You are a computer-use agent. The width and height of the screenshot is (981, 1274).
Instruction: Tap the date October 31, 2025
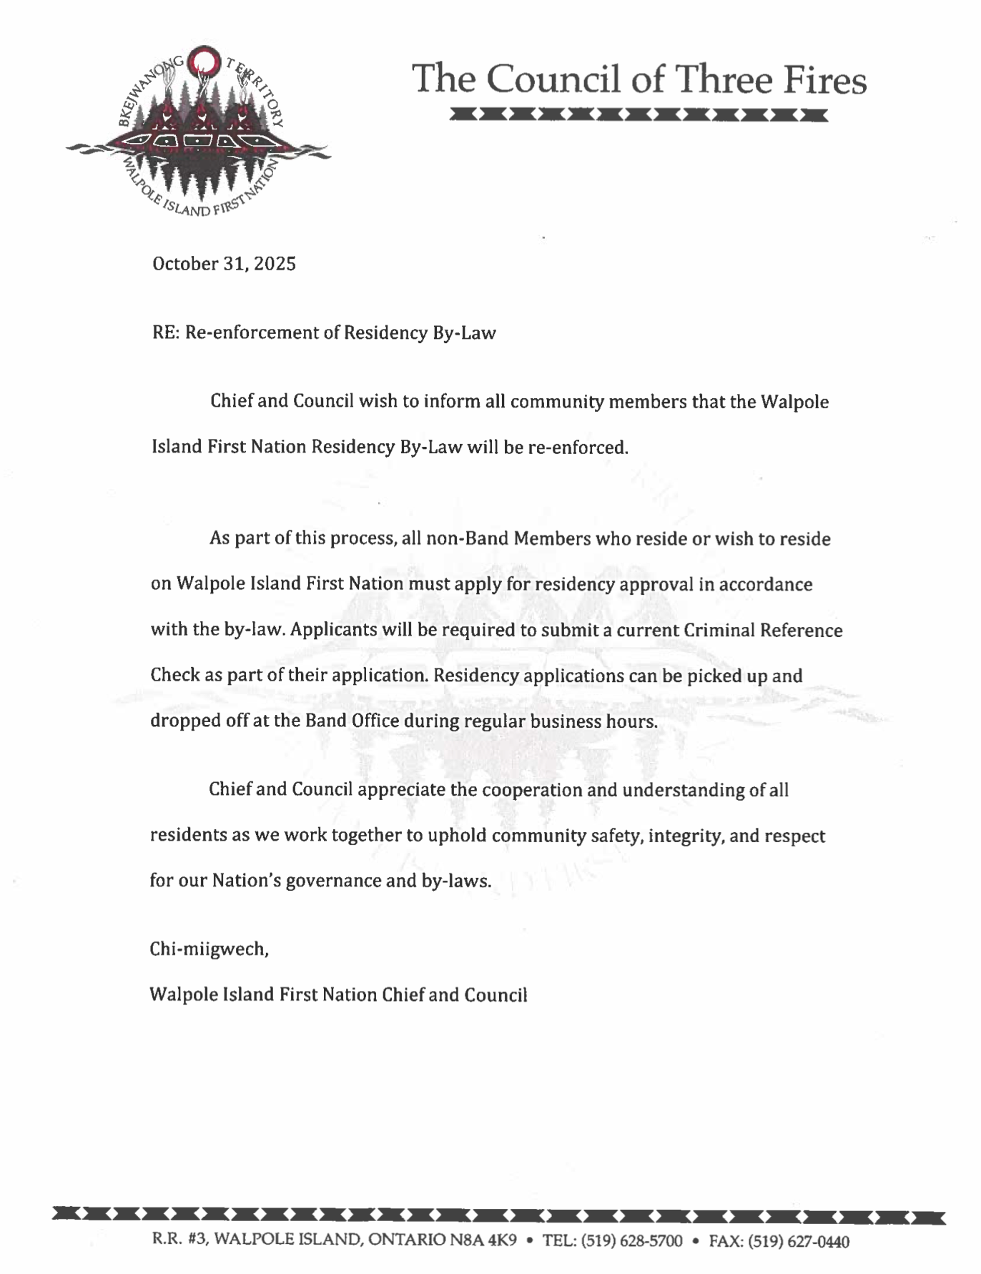point(224,264)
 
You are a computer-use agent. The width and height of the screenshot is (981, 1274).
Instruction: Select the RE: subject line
point(323,332)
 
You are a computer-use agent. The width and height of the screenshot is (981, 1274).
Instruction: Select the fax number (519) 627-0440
point(798,1240)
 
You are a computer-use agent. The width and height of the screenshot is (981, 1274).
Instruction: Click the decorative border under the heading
point(639,114)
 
